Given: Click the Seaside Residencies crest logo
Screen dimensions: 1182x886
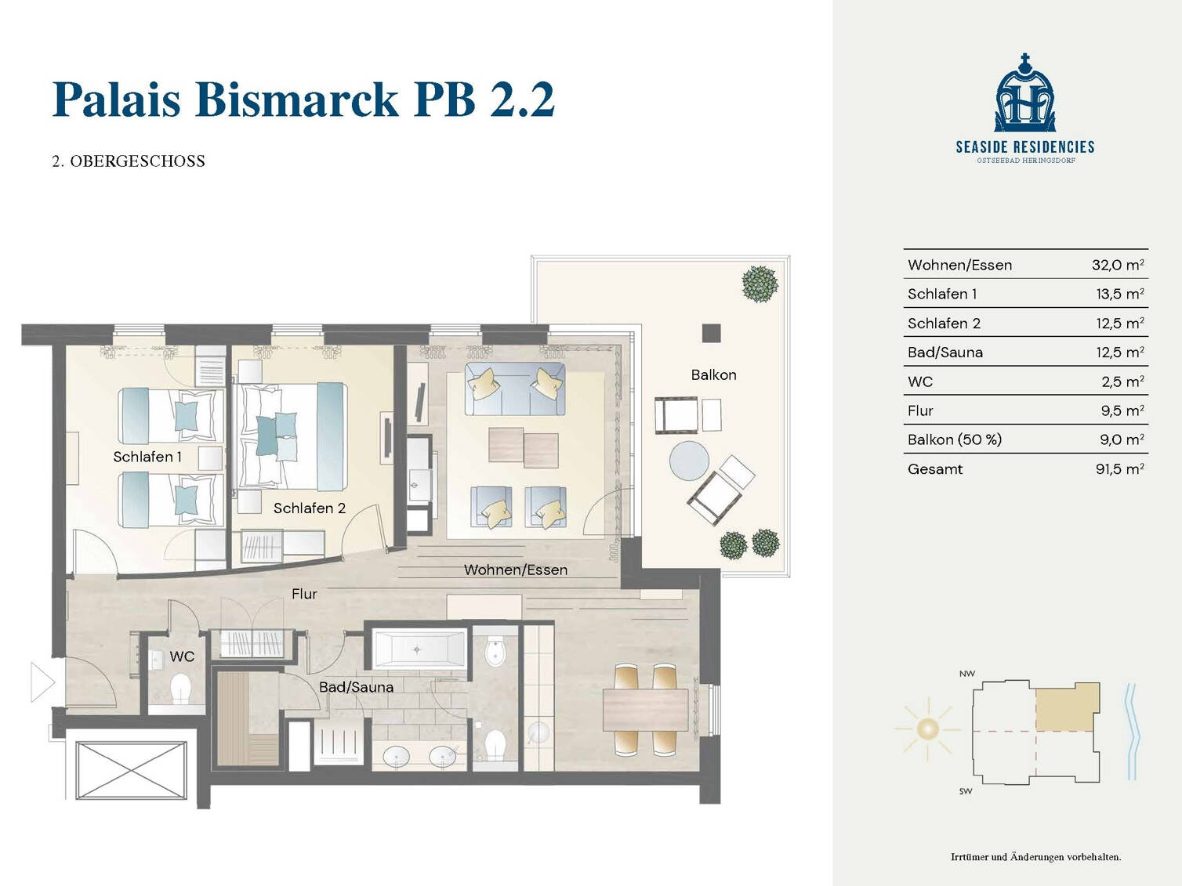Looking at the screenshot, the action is coord(1024,94).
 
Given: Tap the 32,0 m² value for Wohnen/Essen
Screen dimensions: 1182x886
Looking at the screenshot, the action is coord(1117,265).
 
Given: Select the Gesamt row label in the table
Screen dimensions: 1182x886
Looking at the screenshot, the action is coord(934,469).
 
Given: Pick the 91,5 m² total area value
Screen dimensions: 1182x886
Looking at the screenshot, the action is coord(1119,469).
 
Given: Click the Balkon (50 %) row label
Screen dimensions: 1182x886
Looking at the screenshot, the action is coord(954,439).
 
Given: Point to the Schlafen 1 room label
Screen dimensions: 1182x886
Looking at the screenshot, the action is coord(147,457).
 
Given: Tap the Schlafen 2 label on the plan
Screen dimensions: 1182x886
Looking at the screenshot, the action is coord(309,508).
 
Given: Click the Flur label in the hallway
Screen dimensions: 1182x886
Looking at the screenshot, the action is coord(304,594).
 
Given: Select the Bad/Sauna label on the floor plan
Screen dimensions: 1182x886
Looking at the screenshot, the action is coord(356,687).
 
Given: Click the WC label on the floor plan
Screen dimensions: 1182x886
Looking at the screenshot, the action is coord(182,656).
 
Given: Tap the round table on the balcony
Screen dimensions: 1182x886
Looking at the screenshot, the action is coord(689,460).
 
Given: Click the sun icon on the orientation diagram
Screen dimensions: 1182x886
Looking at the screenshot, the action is coord(927,729).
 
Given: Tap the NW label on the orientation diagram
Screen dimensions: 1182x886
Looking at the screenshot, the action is coord(966,674).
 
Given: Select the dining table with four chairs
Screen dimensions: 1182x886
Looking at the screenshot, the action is coord(644,710).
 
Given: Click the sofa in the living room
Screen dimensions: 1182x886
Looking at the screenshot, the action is coord(514,389).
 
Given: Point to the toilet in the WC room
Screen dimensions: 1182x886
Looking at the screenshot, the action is coord(182,690).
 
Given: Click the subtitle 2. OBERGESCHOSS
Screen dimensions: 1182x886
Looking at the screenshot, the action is coord(129,161).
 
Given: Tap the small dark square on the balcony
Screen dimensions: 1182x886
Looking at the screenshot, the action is coord(711,332).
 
